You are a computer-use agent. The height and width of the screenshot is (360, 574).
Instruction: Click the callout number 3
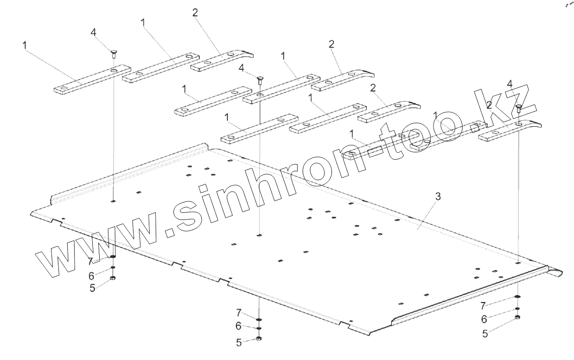[x=438, y=196]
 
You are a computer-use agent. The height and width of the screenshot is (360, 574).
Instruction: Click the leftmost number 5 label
[x=92, y=288]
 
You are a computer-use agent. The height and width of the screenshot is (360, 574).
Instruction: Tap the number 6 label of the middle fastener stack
[x=239, y=326]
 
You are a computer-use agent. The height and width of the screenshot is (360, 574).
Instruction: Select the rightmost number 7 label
[x=484, y=305]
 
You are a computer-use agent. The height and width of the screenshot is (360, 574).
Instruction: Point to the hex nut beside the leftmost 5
[x=113, y=278]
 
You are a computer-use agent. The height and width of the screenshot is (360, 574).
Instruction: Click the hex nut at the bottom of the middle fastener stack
[x=259, y=338]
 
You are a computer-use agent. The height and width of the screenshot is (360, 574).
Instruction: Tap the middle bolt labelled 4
[x=259, y=79]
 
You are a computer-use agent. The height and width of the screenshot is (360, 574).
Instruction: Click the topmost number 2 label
[x=195, y=13]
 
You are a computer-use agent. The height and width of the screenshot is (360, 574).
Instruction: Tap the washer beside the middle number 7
[x=259, y=320]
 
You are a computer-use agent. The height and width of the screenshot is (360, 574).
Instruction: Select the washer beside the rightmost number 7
[x=519, y=297]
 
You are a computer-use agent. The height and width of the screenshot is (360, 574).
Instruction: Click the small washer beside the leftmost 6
[x=113, y=268]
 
